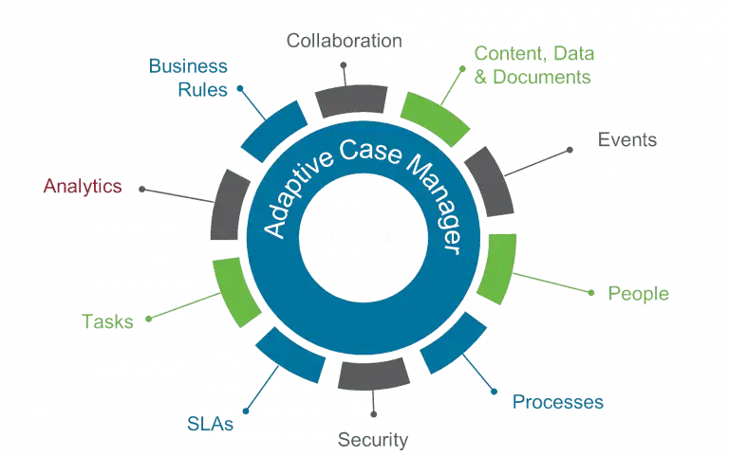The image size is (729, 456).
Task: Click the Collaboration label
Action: pyautogui.click(x=344, y=41)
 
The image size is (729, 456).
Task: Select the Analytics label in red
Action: pyautogui.click(x=83, y=186)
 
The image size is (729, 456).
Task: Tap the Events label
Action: pyautogui.click(x=627, y=139)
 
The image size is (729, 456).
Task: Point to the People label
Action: pyautogui.click(x=638, y=294)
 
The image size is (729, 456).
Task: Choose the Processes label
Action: pyautogui.click(x=558, y=402)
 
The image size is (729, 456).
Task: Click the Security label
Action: pyautogui.click(x=373, y=440)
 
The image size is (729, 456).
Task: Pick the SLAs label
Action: pyautogui.click(x=210, y=424)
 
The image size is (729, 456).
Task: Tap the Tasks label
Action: pyautogui.click(x=107, y=321)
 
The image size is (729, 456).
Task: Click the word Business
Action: pyautogui.click(x=188, y=66)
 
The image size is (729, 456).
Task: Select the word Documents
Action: pyautogui.click(x=542, y=77)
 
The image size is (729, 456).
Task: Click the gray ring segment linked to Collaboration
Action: pyautogui.click(x=351, y=100)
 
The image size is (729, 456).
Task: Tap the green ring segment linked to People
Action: pyautogui.click(x=497, y=269)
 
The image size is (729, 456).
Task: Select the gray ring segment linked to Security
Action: pyautogui.click(x=373, y=374)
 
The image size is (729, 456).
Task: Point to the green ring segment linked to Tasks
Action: pyautogui.click(x=235, y=293)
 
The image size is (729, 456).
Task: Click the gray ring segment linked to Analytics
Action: pyautogui.click(x=230, y=205)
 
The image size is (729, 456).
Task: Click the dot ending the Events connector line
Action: pyautogui.click(x=570, y=150)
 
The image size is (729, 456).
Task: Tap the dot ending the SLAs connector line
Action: pyautogui.click(x=246, y=410)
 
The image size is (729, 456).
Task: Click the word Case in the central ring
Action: pyautogui.click(x=370, y=151)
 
